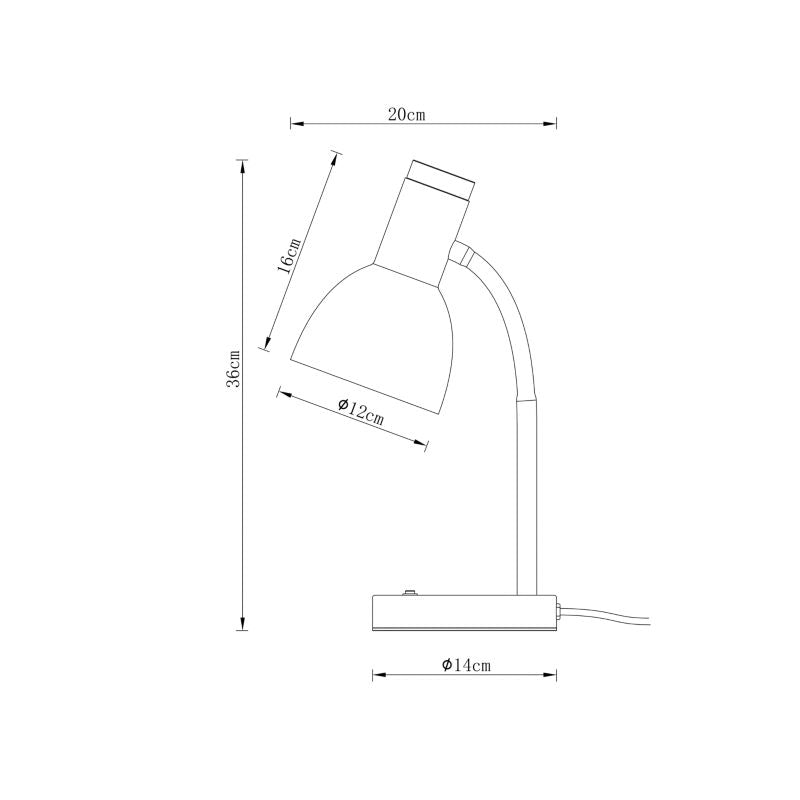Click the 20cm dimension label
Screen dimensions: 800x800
408,114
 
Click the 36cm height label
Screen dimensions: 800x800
234,368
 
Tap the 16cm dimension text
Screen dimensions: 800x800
287,256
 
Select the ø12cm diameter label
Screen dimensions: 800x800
361,411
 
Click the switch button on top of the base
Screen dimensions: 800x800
409,593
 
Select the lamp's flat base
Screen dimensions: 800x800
464,613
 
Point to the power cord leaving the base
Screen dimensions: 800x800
610,617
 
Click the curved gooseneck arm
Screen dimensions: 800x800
510,320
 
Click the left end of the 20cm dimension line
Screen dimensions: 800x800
291,125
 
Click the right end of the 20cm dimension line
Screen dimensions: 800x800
556,125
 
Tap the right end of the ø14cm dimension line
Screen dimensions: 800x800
556,676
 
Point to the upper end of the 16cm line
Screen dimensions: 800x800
336,154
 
